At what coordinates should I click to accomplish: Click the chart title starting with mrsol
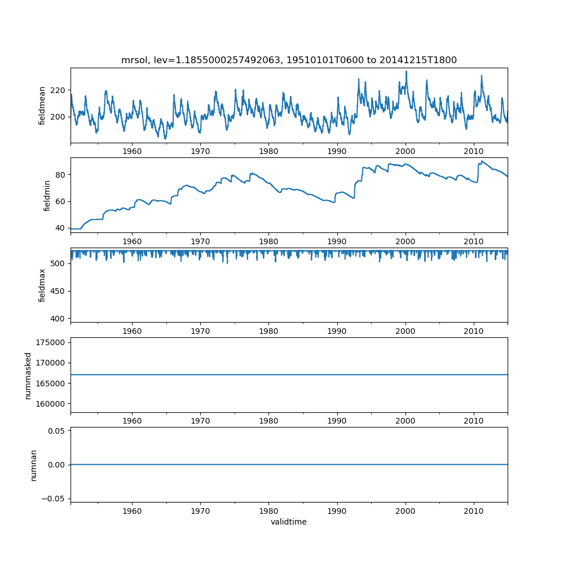pos(289,60)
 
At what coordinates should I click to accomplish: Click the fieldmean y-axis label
pos(42,105)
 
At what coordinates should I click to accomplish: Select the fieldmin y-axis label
pos(47,195)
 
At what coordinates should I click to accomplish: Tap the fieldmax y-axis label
pos(42,285)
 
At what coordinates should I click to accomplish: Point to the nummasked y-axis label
pos(28,375)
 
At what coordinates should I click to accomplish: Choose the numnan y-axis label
pos(33,465)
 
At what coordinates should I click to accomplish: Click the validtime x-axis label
pos(289,522)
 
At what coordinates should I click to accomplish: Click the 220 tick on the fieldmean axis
pos(58,90)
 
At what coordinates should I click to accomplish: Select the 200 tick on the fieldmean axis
pos(58,117)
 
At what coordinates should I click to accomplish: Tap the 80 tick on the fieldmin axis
pos(60,175)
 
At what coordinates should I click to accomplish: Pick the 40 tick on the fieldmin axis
pos(60,228)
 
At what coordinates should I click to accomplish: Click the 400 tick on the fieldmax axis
pos(58,319)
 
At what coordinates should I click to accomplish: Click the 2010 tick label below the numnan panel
pos(474,510)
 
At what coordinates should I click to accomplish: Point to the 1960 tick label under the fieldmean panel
pos(132,151)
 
